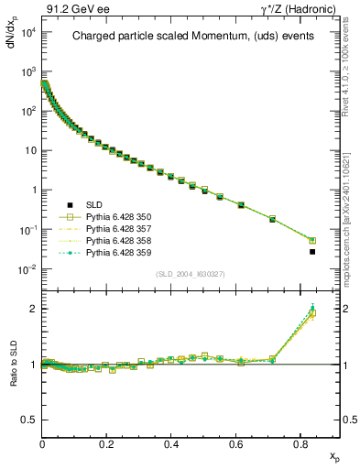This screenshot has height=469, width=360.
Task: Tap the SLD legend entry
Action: tap(93, 204)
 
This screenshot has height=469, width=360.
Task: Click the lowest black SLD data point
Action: tap(312, 252)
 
